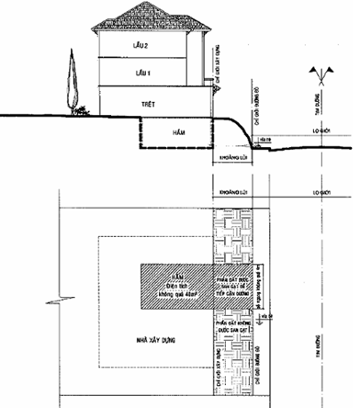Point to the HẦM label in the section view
(179, 133)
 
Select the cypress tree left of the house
(69, 82)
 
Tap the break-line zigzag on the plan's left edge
(61, 300)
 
